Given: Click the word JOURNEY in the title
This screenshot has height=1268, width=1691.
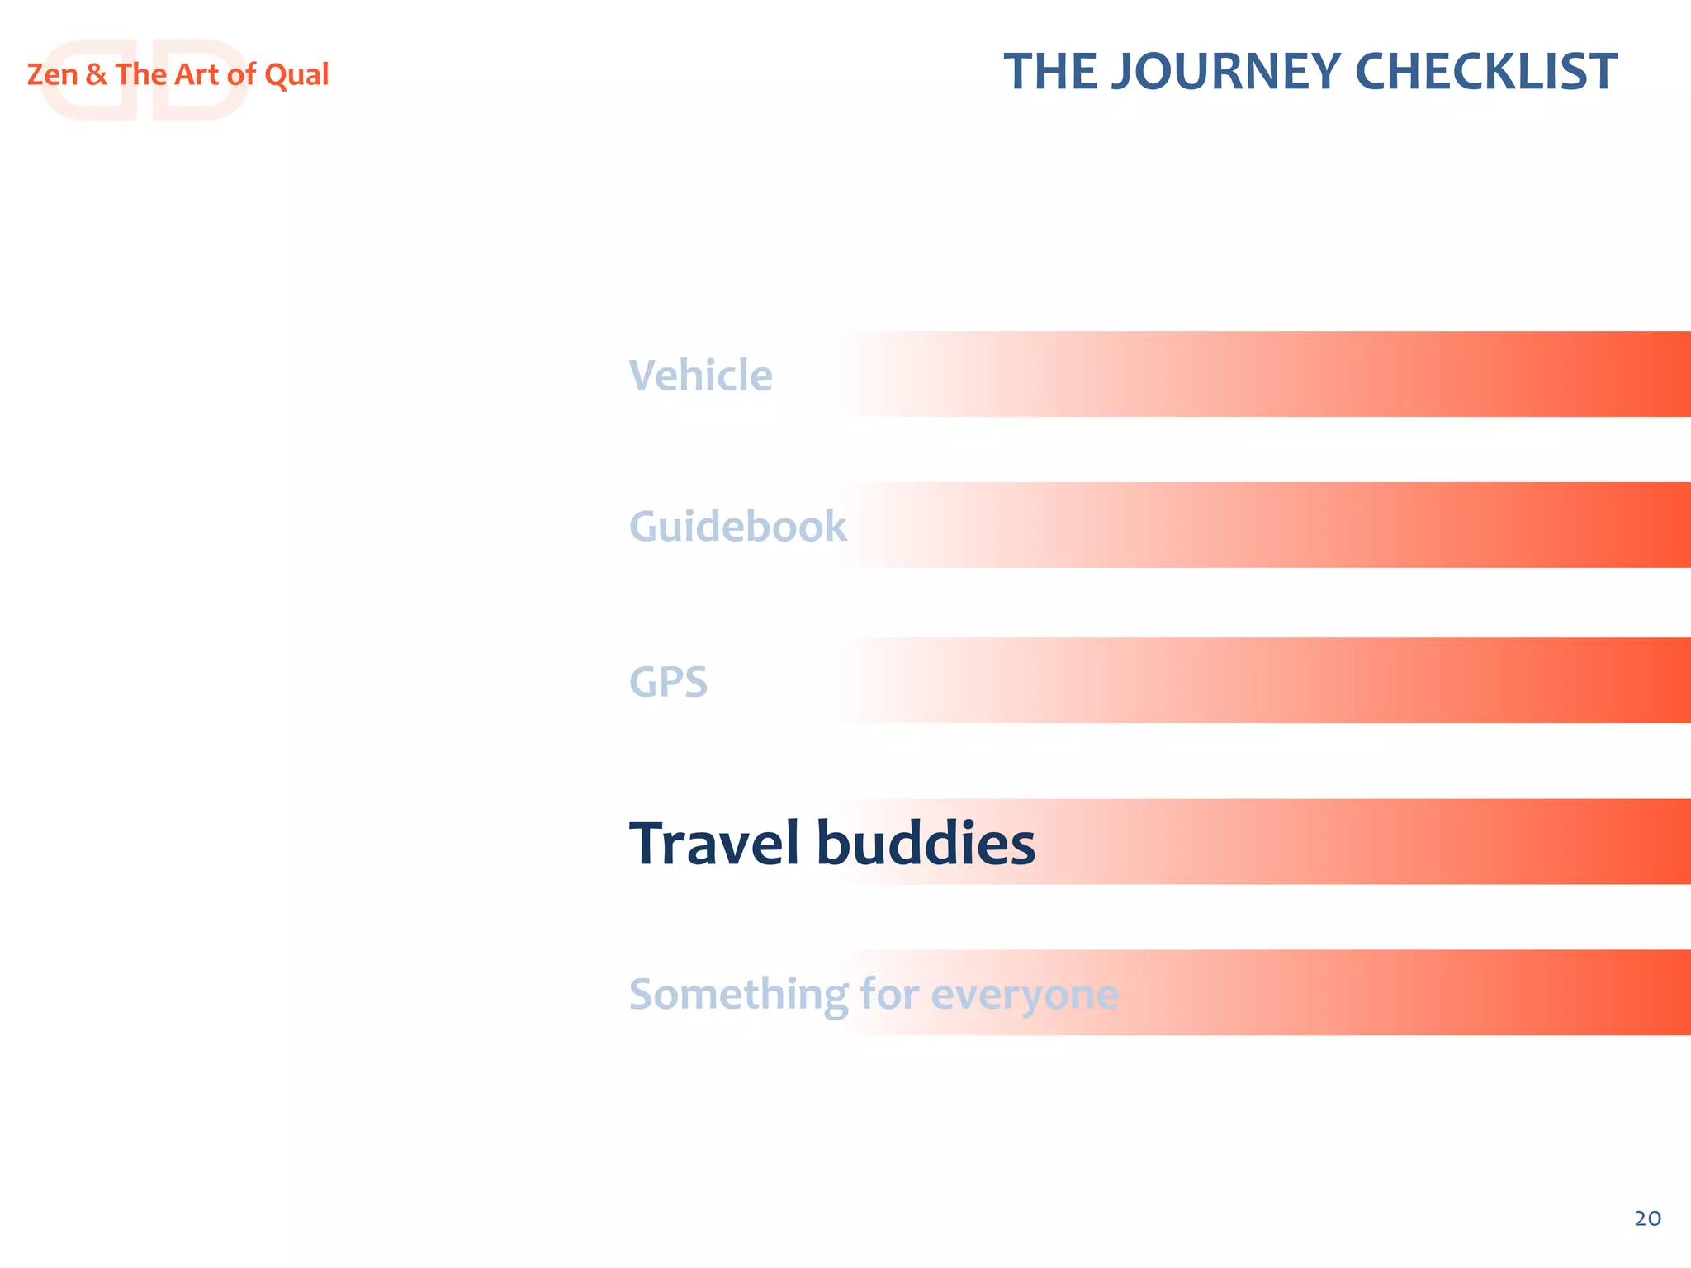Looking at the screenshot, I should tap(1225, 73).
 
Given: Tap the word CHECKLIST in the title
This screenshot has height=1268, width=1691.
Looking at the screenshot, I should tap(1486, 73).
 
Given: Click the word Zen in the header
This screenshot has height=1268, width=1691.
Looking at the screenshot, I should tap(52, 75).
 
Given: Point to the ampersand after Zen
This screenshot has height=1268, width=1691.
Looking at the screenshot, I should tap(96, 75).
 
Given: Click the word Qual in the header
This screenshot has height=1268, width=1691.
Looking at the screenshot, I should tap(296, 75).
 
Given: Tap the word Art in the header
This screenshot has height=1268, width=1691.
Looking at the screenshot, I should tap(196, 75).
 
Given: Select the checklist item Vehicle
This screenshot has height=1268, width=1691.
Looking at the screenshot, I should tap(700, 376).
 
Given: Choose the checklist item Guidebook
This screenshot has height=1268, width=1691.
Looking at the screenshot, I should tap(737, 527).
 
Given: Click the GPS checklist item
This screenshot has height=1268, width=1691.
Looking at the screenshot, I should tap(668, 683).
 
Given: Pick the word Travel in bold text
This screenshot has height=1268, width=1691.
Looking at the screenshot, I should tap(715, 844).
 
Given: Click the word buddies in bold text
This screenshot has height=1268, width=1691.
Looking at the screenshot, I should tap(926, 844).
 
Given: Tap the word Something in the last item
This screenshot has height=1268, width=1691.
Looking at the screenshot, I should tap(738, 995).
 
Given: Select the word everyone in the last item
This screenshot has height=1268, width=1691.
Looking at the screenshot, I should tap(1025, 995).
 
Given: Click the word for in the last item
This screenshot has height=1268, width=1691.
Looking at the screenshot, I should tap(889, 993).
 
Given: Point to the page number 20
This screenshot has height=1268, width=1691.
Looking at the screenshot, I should tap(1647, 1218).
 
